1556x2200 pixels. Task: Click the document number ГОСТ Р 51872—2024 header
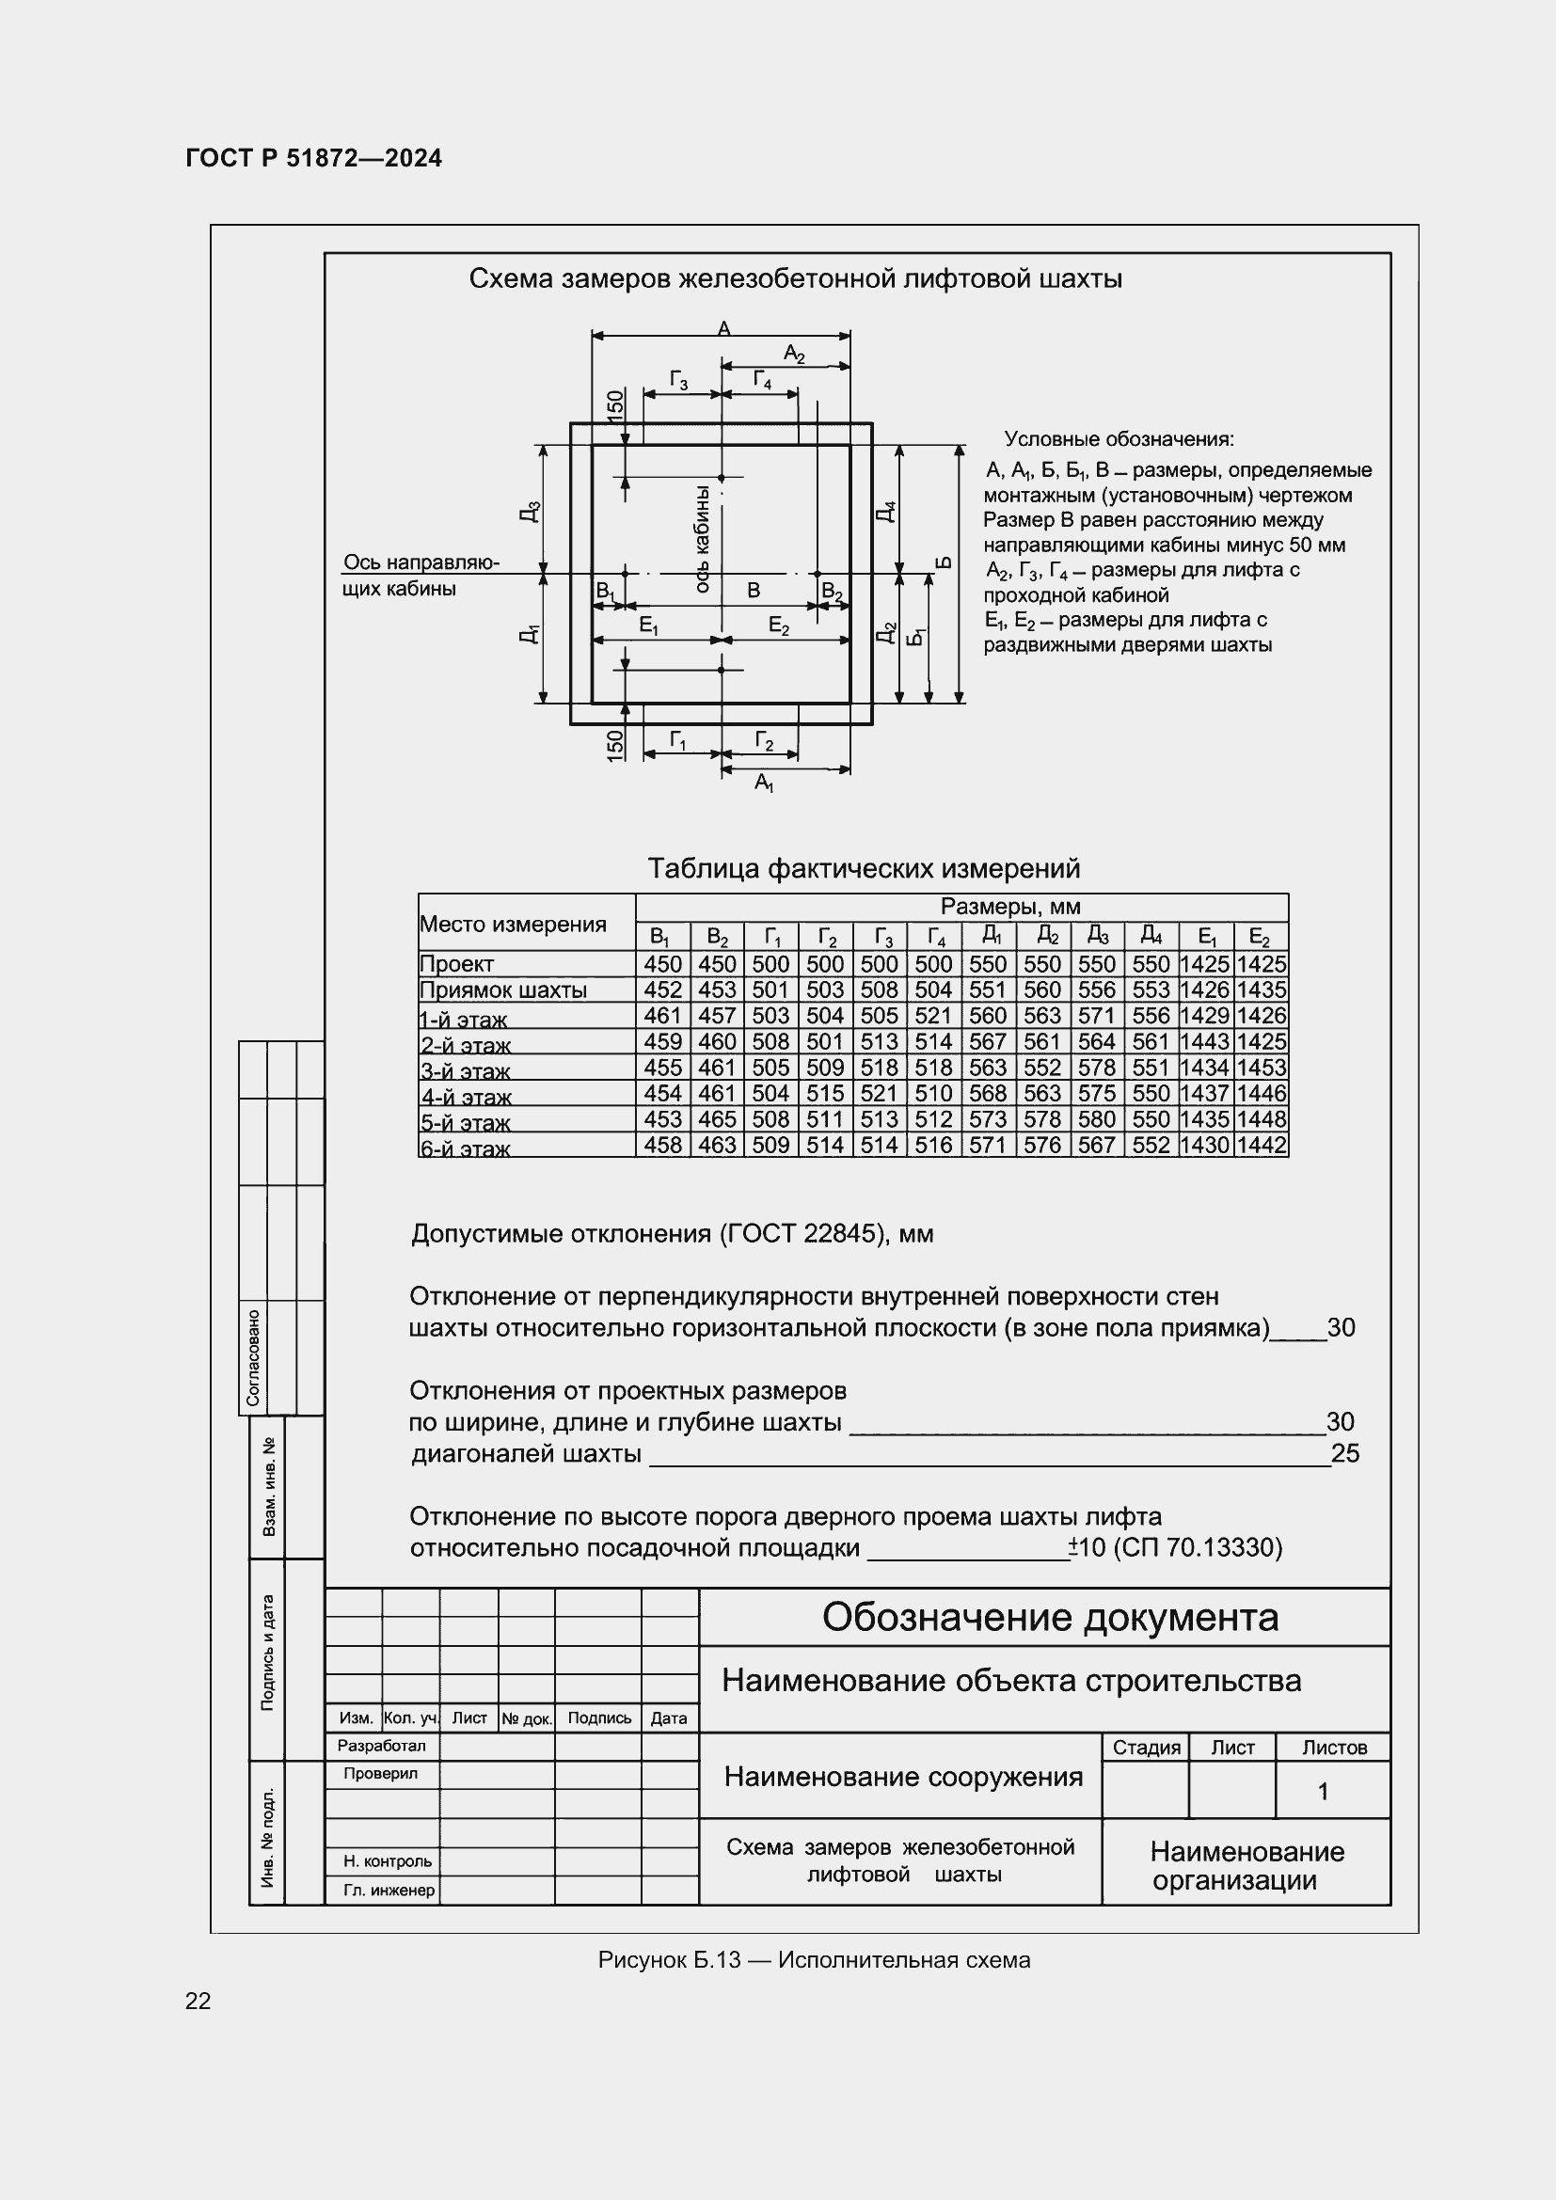click(x=313, y=158)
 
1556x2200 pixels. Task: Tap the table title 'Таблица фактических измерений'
click(x=864, y=868)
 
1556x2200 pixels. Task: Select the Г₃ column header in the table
click(x=881, y=936)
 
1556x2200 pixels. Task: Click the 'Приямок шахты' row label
click(x=503, y=989)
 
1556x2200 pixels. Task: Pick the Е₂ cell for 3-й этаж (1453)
click(x=1261, y=1068)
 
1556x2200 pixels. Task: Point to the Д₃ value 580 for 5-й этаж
click(x=1096, y=1119)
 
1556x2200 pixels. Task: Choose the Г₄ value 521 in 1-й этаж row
click(x=933, y=1016)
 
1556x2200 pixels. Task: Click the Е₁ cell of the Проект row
click(x=1205, y=964)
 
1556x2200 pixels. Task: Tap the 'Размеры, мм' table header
click(x=1009, y=907)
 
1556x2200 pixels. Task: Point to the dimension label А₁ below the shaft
click(x=764, y=783)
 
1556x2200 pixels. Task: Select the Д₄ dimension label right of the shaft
click(x=886, y=511)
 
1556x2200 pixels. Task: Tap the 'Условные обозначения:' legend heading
click(x=1119, y=439)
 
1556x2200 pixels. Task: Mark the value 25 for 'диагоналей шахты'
click(x=1345, y=1453)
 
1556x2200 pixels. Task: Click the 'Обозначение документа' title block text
click(x=1050, y=1617)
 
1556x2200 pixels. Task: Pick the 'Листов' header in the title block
click(x=1334, y=1748)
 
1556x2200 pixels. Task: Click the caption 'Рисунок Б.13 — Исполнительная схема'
click(x=814, y=1959)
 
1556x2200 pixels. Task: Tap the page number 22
click(x=198, y=2001)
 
